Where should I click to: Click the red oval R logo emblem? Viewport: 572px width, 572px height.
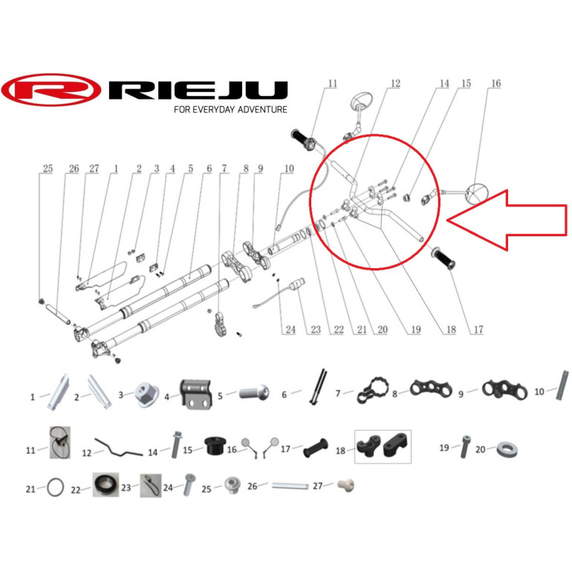click(x=51, y=90)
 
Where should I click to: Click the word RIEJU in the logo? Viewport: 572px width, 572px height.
click(x=198, y=90)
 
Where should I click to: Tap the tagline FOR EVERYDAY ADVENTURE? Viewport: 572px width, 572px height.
click(x=230, y=109)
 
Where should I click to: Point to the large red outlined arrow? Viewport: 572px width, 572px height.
click(x=507, y=221)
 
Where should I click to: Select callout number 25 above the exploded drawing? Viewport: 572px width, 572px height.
click(x=48, y=169)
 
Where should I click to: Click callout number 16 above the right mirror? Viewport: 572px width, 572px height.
click(x=495, y=83)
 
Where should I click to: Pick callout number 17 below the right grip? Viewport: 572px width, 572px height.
click(x=478, y=330)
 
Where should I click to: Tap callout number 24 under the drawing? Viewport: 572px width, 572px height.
click(x=290, y=330)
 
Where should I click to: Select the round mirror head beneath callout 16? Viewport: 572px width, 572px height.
click(x=477, y=193)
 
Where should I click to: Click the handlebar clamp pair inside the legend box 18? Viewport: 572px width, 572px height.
click(x=383, y=446)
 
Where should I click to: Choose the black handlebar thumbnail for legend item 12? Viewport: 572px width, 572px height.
click(x=119, y=448)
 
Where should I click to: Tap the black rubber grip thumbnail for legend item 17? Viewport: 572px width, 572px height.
click(x=316, y=448)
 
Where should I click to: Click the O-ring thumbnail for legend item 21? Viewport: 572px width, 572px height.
click(x=55, y=487)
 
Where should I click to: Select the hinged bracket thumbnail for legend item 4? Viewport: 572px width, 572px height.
click(x=196, y=394)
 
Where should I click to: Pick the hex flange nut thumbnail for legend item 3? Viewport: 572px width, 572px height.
click(x=146, y=394)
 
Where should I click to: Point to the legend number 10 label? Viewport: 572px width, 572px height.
click(x=539, y=391)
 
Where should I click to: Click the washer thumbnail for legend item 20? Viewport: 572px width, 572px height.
click(x=507, y=449)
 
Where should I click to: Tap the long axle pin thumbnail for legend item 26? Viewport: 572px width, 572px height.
click(x=290, y=487)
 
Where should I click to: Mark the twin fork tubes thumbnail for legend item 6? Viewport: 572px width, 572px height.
click(x=317, y=388)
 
